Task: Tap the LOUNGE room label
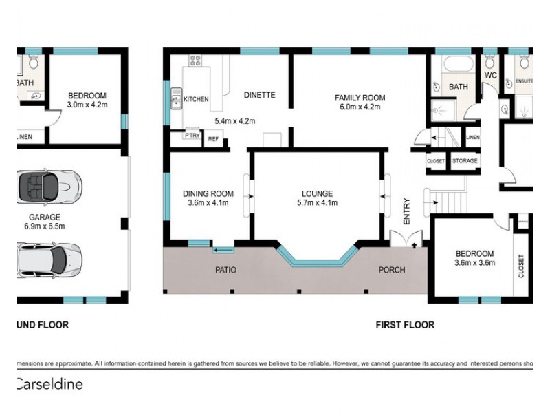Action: coord(316,194)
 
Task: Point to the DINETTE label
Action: coord(259,95)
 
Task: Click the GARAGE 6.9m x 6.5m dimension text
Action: coord(44,226)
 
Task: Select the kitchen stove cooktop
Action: coord(195,60)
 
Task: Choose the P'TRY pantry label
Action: coord(191,136)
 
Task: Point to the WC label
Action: coord(490,74)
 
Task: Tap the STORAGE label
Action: coord(464,161)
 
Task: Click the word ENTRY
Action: coord(406,212)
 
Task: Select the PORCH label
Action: coord(392,270)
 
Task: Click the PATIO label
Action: coord(225,270)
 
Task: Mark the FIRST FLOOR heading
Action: coord(404,325)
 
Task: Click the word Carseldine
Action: coord(49,384)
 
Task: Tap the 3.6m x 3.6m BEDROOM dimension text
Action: coord(474,262)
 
